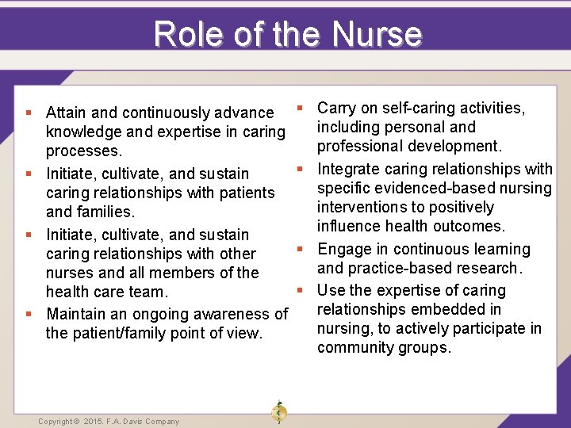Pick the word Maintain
[x=78, y=314]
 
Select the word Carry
[x=337, y=108]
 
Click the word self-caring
[x=420, y=108]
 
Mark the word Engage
[x=342, y=249]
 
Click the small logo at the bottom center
[x=278, y=413]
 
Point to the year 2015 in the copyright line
[x=94, y=422]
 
